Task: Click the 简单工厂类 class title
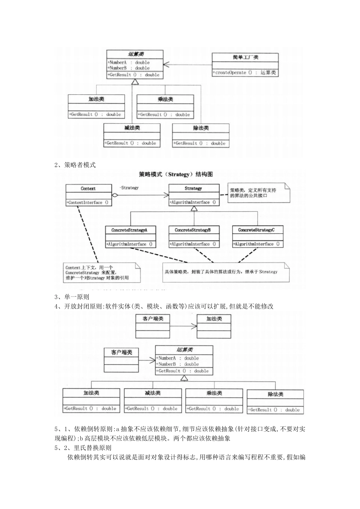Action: click(x=245, y=58)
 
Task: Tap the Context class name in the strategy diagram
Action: click(x=88, y=189)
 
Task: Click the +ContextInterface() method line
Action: click(x=88, y=203)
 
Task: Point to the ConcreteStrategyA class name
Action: click(x=129, y=230)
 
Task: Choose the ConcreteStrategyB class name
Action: click(x=193, y=230)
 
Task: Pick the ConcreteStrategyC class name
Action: click(x=257, y=230)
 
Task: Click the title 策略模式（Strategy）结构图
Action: click(x=176, y=175)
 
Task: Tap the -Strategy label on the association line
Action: click(x=129, y=188)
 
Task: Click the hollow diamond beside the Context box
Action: click(x=116, y=195)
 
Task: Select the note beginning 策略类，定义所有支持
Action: click(x=258, y=193)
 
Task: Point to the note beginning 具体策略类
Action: click(x=226, y=272)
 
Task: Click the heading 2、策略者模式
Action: click(x=75, y=165)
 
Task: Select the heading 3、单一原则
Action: click(x=72, y=297)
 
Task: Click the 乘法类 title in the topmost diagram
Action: click(x=165, y=99)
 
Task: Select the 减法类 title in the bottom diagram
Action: click(x=152, y=393)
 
